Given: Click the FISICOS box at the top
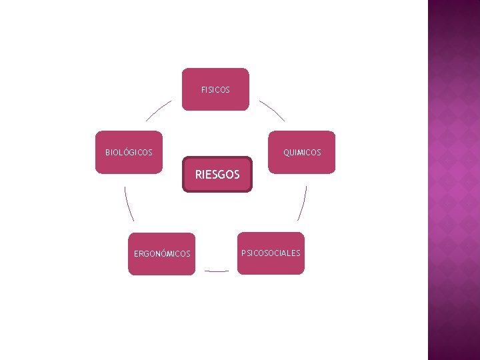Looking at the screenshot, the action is [x=215, y=89].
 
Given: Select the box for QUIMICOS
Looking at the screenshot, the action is [x=301, y=152].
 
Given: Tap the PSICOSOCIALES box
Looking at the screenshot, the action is [x=271, y=253].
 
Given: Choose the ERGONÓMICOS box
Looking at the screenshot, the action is [x=162, y=254].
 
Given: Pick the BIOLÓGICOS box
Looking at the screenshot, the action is [x=129, y=152].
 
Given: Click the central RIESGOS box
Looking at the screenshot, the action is [x=217, y=175].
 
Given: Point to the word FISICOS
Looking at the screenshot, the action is [x=215, y=89].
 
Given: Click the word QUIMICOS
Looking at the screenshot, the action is [x=302, y=153].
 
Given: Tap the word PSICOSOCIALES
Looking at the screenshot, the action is [x=271, y=253].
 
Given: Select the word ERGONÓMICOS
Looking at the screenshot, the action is [x=162, y=254].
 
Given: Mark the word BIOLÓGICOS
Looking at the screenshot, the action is [x=129, y=153].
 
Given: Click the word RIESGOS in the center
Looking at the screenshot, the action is [x=217, y=175].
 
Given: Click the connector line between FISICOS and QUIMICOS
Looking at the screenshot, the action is [x=273, y=111].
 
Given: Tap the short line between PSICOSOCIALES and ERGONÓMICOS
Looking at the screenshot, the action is [x=217, y=271].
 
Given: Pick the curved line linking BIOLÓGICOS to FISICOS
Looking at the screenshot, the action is [x=157, y=111].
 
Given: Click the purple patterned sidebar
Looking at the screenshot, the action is [x=453, y=180].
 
